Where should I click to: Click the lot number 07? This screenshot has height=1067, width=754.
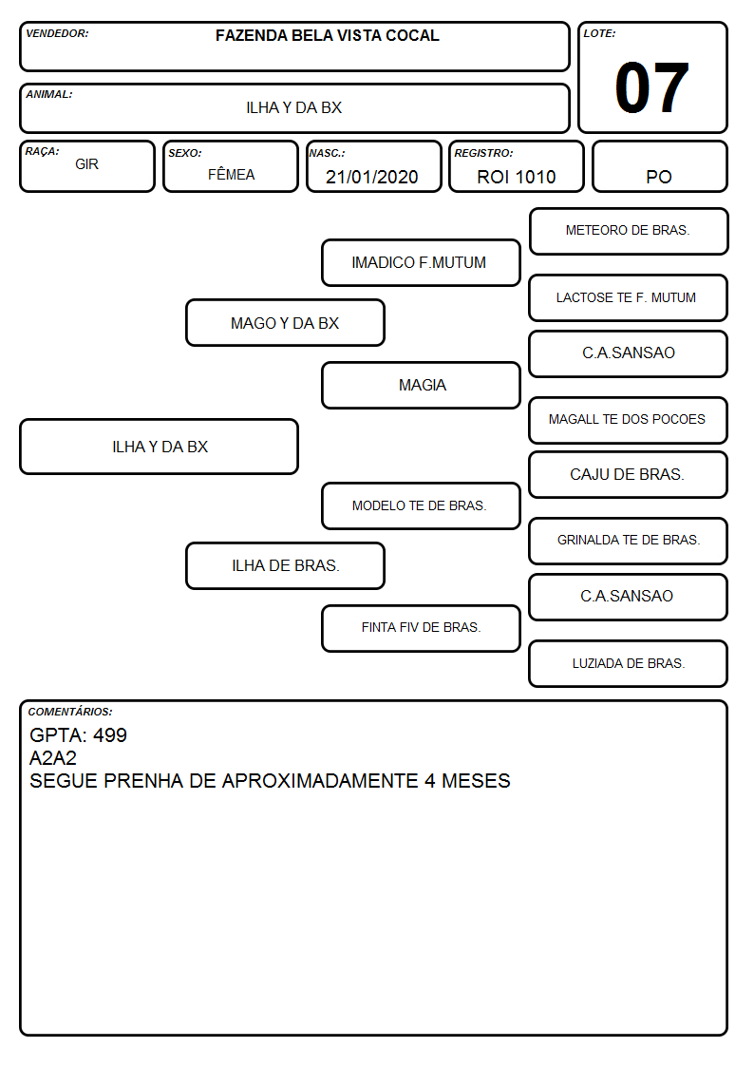pyautogui.click(x=651, y=87)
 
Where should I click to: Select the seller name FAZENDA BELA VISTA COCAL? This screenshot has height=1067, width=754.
pyautogui.click(x=327, y=36)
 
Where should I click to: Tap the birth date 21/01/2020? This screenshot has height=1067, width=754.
pyautogui.click(x=372, y=177)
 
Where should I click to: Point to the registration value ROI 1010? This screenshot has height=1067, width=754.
pyautogui.click(x=516, y=177)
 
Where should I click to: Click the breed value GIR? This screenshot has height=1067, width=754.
pyautogui.click(x=87, y=164)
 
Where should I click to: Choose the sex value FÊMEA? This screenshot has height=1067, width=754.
pyautogui.click(x=231, y=174)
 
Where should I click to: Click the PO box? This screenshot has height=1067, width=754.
pyautogui.click(x=659, y=166)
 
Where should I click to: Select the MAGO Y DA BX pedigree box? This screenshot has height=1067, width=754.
pyautogui.click(x=285, y=323)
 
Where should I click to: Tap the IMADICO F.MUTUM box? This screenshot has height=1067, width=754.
pyautogui.click(x=421, y=262)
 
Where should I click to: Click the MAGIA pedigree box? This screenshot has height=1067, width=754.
pyautogui.click(x=421, y=385)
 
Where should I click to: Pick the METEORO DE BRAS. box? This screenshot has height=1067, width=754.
pyautogui.click(x=629, y=232)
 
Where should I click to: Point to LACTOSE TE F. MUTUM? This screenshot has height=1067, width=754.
pyautogui.click(x=626, y=297)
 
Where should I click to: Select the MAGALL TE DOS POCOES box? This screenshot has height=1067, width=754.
pyautogui.click(x=629, y=420)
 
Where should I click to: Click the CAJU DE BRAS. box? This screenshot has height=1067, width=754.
pyautogui.click(x=629, y=474)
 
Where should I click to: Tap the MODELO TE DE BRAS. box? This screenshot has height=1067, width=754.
pyautogui.click(x=421, y=505)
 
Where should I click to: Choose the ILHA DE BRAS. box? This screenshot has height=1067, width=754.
pyautogui.click(x=285, y=565)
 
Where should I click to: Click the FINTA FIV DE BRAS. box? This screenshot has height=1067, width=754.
pyautogui.click(x=421, y=628)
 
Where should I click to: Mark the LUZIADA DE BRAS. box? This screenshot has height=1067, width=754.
pyautogui.click(x=629, y=663)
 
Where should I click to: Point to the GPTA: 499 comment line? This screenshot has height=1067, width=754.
pyautogui.click(x=78, y=734)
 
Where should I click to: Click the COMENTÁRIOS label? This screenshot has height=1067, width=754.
pyautogui.click(x=70, y=712)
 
